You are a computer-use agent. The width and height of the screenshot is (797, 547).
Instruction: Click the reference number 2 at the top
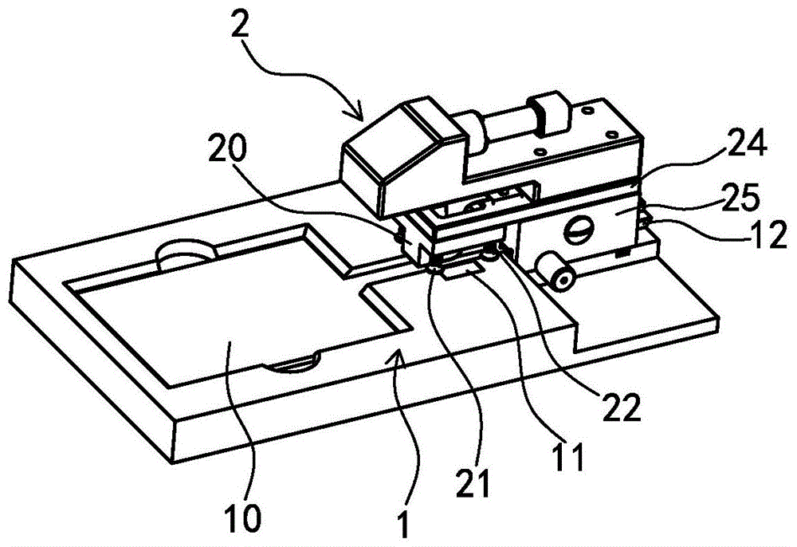240,22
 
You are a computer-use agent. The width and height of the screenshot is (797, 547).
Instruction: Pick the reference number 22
621,407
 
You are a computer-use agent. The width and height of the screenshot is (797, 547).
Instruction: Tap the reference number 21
472,482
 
